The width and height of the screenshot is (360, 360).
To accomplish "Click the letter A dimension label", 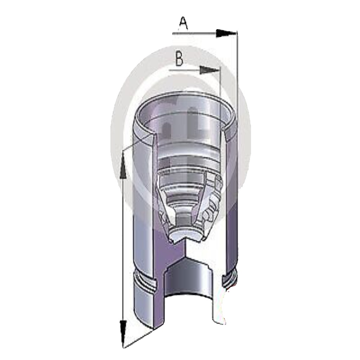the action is [184, 24].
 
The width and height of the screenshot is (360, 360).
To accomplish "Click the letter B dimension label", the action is [179, 59].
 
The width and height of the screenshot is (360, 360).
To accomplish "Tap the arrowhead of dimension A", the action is [226, 33].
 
